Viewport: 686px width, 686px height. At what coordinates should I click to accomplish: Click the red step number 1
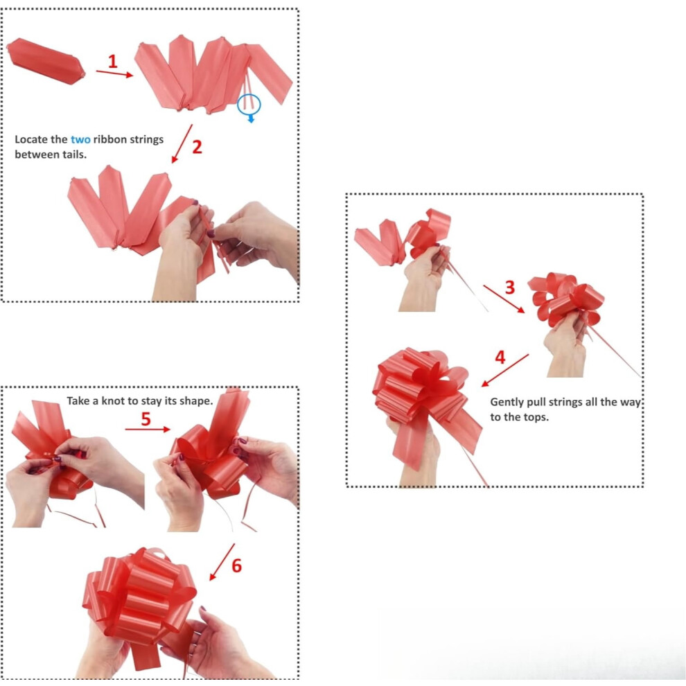[113, 61]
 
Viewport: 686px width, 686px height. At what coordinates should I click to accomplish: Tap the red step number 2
[197, 147]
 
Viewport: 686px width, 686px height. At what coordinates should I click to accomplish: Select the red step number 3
[510, 288]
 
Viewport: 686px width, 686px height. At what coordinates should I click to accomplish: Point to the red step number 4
[500, 358]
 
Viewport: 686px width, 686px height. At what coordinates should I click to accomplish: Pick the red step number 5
[146, 419]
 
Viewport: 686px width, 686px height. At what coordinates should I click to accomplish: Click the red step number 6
[237, 565]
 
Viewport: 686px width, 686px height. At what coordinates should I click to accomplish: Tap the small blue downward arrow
[251, 118]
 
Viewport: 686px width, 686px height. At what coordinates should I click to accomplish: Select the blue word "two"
[80, 139]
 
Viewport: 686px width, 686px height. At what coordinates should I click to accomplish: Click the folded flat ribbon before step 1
[46, 61]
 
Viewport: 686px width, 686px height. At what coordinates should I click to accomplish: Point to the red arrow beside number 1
[114, 73]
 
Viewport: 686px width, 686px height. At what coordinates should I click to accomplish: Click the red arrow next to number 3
[504, 299]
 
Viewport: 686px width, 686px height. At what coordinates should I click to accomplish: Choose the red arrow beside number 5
[148, 430]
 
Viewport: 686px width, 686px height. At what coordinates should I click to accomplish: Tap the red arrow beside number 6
[222, 562]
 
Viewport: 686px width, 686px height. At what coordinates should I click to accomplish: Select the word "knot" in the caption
[114, 401]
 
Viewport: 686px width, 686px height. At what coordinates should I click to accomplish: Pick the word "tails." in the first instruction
[74, 155]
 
